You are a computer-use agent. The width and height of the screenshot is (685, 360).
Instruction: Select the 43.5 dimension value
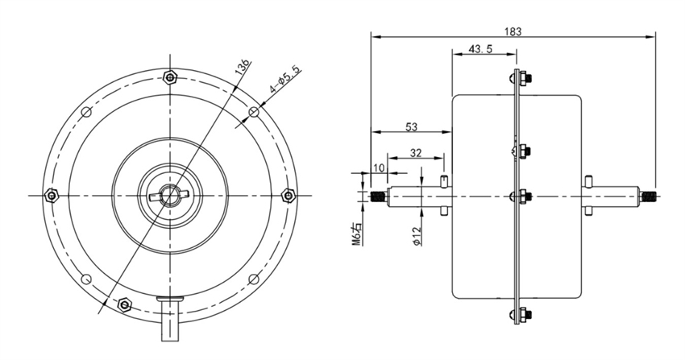[x=481, y=50]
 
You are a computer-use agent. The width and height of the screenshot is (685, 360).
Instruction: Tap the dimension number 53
[x=410, y=126]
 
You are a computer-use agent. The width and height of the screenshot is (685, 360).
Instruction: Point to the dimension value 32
[x=417, y=152]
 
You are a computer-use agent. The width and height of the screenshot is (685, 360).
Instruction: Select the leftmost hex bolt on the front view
[x=52, y=195]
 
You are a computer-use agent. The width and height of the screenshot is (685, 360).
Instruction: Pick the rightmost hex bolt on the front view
[x=288, y=195]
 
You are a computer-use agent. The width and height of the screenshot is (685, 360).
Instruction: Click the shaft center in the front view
[x=169, y=195]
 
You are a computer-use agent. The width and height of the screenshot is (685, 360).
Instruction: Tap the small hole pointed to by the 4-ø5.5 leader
[x=253, y=111]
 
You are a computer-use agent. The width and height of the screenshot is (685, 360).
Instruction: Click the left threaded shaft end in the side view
[x=376, y=196]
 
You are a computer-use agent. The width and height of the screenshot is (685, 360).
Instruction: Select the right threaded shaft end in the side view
[x=648, y=196]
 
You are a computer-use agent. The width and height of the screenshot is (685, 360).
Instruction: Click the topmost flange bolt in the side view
[x=518, y=78]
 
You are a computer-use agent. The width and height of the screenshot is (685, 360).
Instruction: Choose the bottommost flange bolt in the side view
[x=518, y=314]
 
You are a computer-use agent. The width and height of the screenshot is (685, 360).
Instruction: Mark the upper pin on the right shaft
[x=590, y=178]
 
